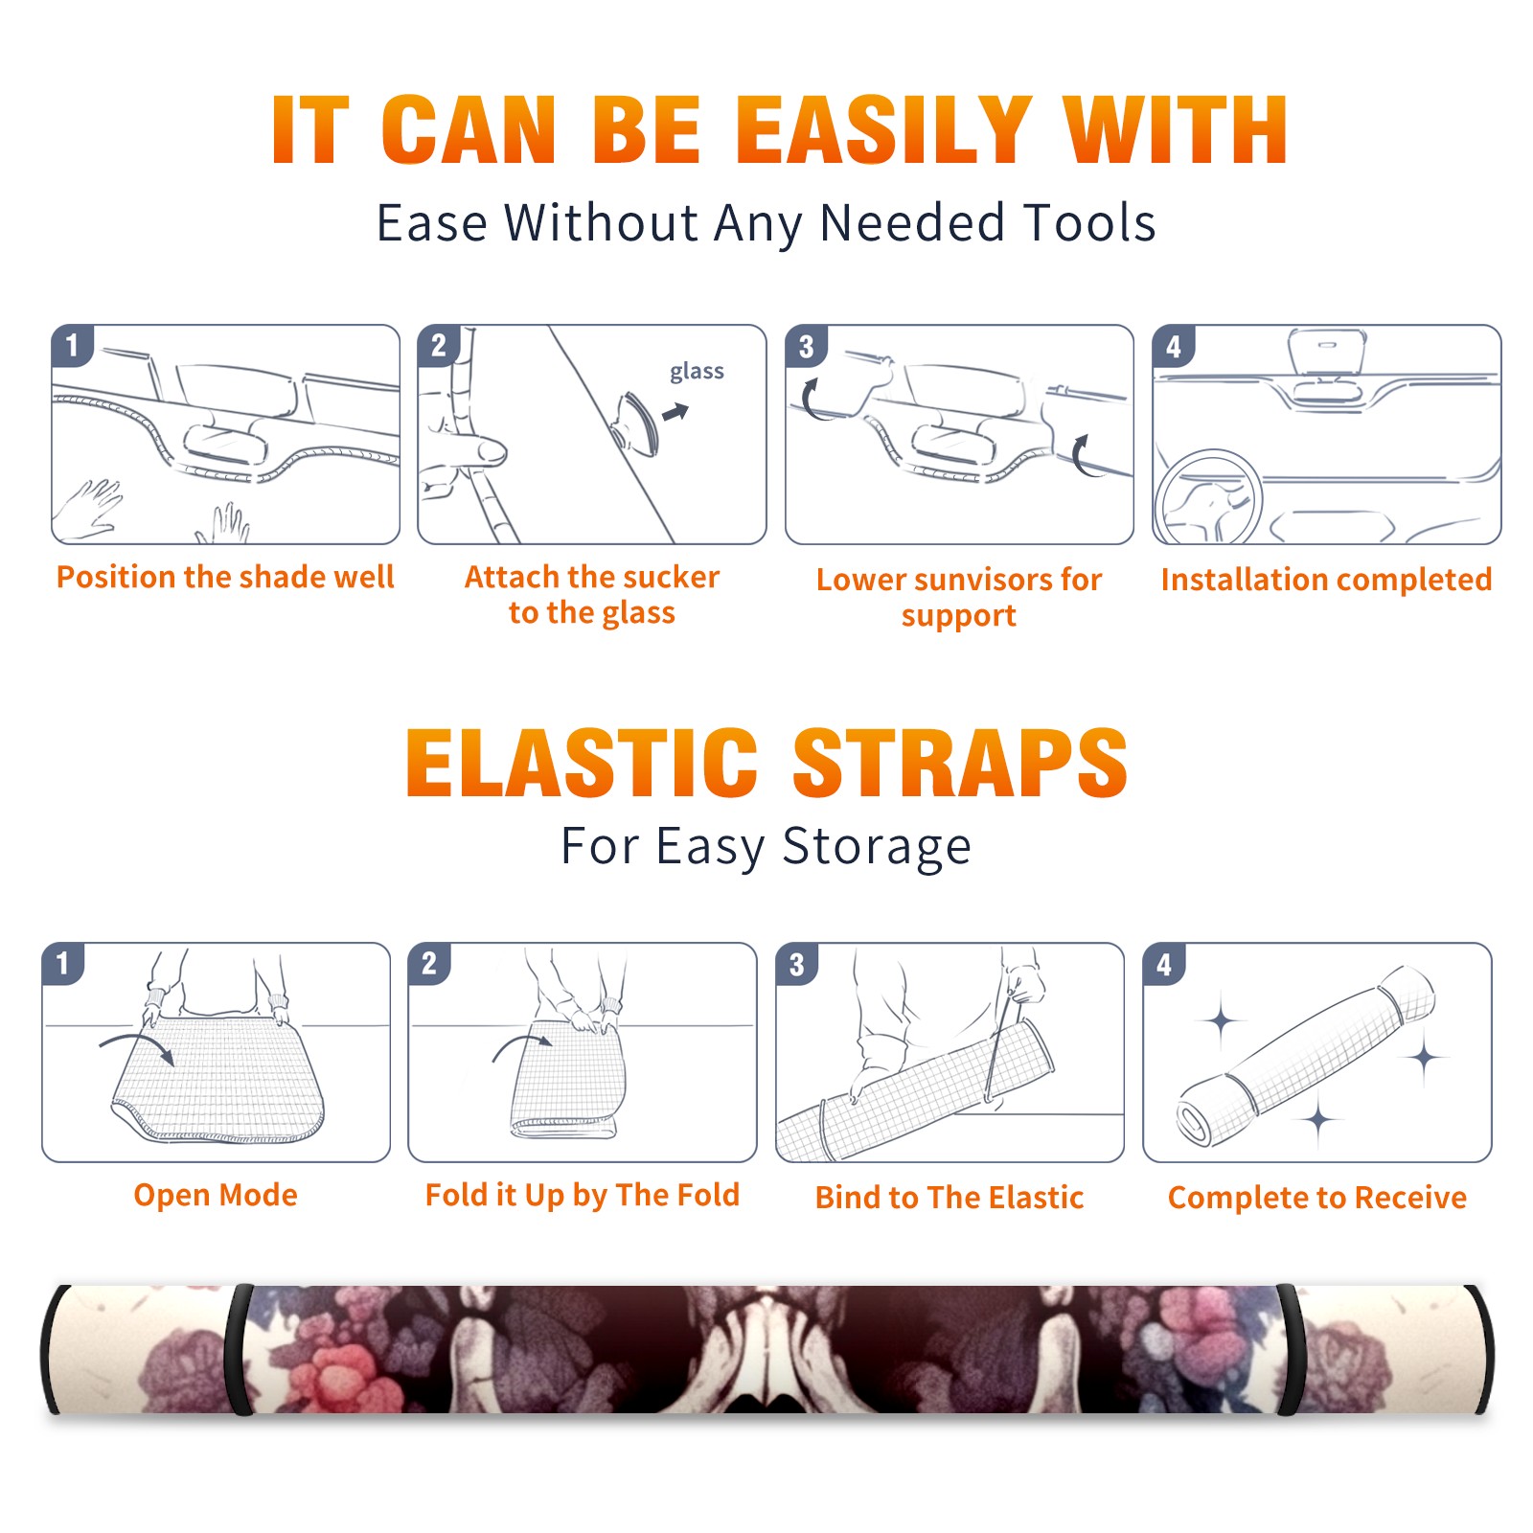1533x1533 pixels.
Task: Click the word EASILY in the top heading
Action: pos(882,131)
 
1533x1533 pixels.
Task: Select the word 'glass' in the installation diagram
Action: pos(697,372)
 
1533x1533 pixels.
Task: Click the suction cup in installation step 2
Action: pos(637,423)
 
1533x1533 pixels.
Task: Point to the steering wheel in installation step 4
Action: pos(1208,496)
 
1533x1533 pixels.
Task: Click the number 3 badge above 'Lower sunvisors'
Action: pos(806,346)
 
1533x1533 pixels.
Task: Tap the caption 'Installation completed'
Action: pos(1326,579)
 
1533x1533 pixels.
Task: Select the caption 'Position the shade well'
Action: pos(225,577)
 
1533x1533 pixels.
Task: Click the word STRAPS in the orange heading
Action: pos(960,763)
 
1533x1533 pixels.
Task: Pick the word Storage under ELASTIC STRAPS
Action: pos(877,847)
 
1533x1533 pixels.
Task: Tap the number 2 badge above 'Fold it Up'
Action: pos(429,963)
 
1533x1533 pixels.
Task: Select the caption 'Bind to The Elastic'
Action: pos(949,1198)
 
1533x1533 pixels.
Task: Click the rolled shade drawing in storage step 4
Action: pos(1306,1057)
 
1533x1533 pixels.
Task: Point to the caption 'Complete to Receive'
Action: pos(1317,1198)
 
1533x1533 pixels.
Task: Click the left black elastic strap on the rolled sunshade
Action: pos(240,1349)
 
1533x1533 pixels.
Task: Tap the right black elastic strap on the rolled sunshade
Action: pos(1290,1349)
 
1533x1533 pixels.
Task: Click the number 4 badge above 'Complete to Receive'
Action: pos(1164,964)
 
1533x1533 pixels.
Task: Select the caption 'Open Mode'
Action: pos(216,1195)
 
